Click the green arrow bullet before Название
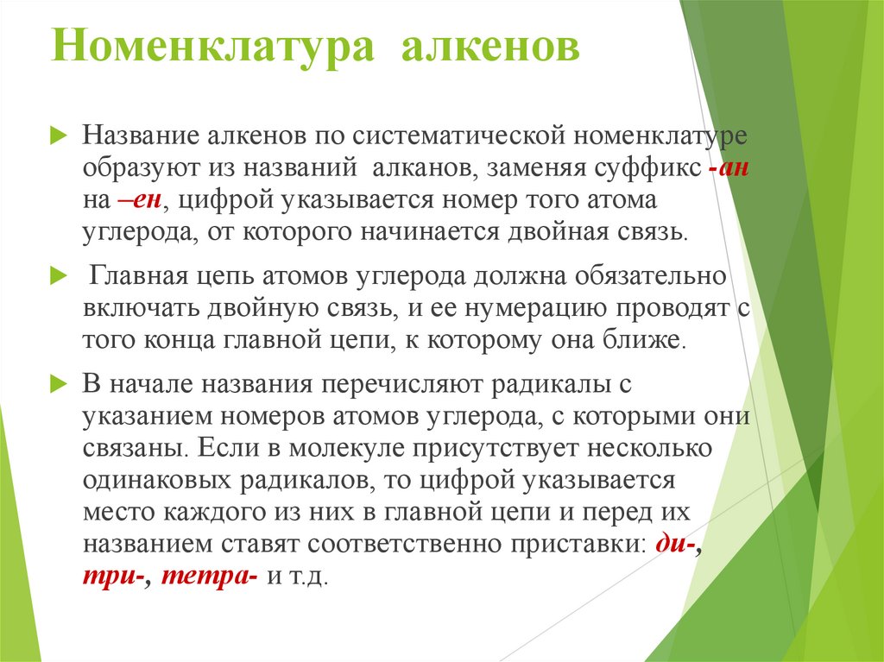click(58, 137)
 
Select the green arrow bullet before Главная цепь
click(58, 276)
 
